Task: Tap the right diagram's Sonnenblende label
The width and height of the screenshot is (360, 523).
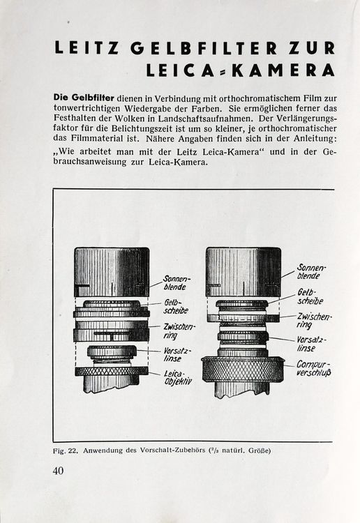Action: coord(311,271)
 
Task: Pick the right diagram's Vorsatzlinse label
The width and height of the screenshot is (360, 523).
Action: coord(311,343)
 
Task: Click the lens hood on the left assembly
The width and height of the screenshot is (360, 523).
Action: coord(111,272)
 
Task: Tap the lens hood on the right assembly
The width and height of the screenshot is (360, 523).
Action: coord(243,272)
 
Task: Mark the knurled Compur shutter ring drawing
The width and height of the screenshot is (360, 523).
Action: coord(243,367)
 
